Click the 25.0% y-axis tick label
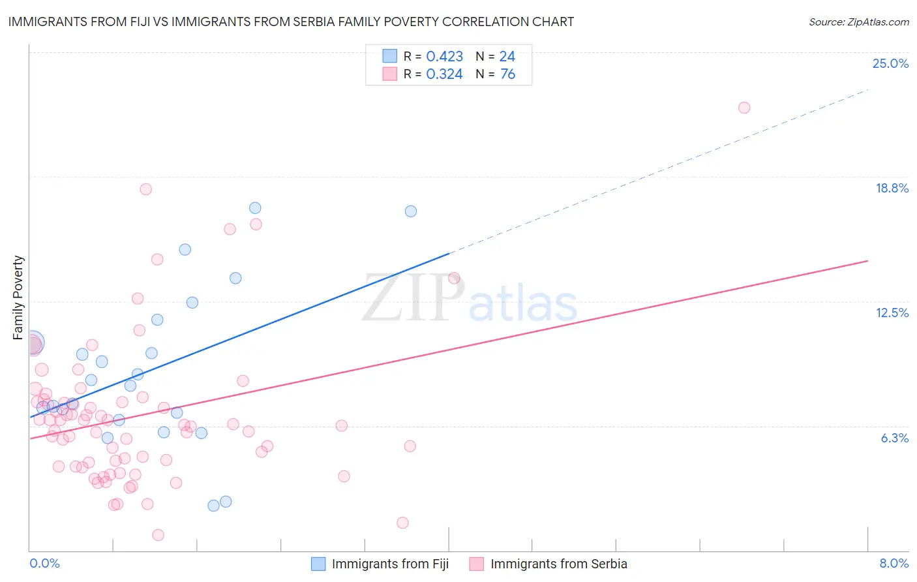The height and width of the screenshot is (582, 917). coord(890,63)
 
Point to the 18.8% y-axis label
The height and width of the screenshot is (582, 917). coord(892,188)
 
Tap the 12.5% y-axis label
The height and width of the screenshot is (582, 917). coord(892,313)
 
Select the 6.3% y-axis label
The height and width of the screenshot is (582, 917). coord(894,438)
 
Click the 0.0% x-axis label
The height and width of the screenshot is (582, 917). coord(44,563)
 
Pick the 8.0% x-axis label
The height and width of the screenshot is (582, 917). coord(894,563)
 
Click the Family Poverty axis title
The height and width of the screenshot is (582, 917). coord(18,298)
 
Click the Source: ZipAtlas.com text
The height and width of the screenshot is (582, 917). coord(858,22)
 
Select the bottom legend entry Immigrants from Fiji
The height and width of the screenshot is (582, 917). coord(390,564)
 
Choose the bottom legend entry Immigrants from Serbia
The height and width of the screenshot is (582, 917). coord(558,564)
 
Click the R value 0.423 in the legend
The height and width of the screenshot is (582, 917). coord(444,57)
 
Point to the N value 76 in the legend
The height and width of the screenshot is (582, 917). coord(507,74)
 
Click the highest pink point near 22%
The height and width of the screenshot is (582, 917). coord(744,108)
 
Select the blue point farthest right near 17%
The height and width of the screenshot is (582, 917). coord(411,211)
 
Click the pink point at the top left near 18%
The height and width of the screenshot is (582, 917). coord(146,189)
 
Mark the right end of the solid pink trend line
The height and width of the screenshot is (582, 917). coord(867,261)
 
